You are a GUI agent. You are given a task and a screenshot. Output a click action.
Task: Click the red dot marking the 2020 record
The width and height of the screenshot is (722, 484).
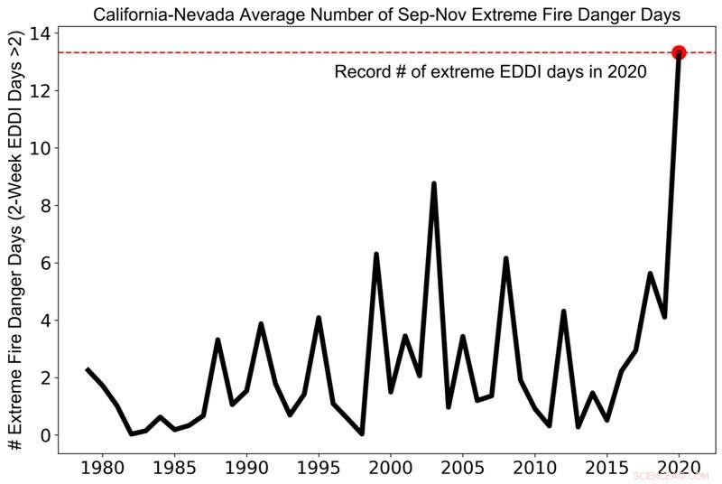tap(679, 53)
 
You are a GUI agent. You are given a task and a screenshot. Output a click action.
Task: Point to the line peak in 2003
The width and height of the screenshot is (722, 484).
tap(434, 184)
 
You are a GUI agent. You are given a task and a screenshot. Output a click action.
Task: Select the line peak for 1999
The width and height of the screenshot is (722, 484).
tap(376, 255)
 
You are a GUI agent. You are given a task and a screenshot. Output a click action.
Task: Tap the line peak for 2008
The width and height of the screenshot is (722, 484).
tap(506, 259)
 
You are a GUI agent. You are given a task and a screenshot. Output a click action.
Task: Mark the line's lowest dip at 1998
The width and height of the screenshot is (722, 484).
tap(362, 433)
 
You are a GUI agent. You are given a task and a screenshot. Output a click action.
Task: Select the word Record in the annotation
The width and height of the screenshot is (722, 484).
tap(363, 72)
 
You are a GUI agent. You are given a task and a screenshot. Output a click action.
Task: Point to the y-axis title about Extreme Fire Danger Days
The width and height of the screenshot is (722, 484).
tap(15, 244)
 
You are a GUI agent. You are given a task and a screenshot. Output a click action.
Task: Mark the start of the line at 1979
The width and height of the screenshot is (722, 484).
tap(88, 369)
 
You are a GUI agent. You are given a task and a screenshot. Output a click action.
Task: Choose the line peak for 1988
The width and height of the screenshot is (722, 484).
tap(218, 340)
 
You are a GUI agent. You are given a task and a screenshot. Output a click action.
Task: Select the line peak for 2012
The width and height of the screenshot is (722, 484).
tap(563, 312)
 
